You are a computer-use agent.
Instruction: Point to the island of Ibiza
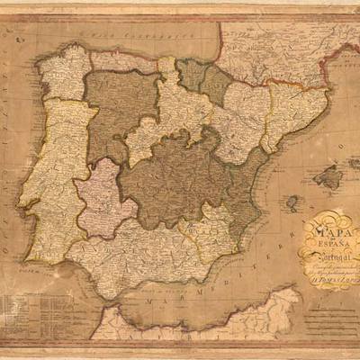tap(292, 202)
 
